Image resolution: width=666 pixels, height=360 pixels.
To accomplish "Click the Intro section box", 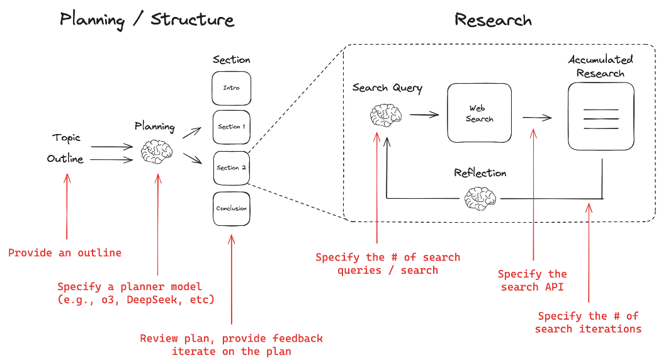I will click(x=232, y=88).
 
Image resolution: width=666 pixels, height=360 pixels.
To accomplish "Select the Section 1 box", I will click(x=232, y=127).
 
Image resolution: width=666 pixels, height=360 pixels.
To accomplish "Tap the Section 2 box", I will click(x=232, y=168).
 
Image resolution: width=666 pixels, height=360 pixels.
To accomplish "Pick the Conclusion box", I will click(x=232, y=208).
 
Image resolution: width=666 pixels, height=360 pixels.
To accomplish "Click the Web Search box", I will click(x=479, y=113).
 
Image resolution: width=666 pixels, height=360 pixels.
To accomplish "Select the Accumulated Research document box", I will click(x=601, y=116).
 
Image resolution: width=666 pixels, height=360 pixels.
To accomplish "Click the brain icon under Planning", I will click(x=155, y=152).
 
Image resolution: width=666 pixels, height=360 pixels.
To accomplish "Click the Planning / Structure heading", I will click(x=147, y=20).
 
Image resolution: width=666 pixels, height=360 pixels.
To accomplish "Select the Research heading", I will click(x=493, y=20).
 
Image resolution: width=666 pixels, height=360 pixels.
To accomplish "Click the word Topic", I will click(x=66, y=138).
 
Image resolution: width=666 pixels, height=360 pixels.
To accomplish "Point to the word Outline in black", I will click(x=65, y=159).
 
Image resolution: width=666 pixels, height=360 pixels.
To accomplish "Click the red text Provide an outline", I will click(x=64, y=253).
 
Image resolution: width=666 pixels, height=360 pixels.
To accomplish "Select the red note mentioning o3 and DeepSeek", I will click(x=135, y=293).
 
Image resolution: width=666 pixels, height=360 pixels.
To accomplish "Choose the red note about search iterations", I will click(x=588, y=322).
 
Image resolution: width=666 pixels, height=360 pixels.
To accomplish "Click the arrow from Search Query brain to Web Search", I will click(x=424, y=115).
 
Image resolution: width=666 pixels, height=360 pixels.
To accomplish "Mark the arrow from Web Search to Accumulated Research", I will click(x=536, y=117).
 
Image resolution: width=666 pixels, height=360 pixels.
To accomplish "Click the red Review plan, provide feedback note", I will click(x=231, y=344).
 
